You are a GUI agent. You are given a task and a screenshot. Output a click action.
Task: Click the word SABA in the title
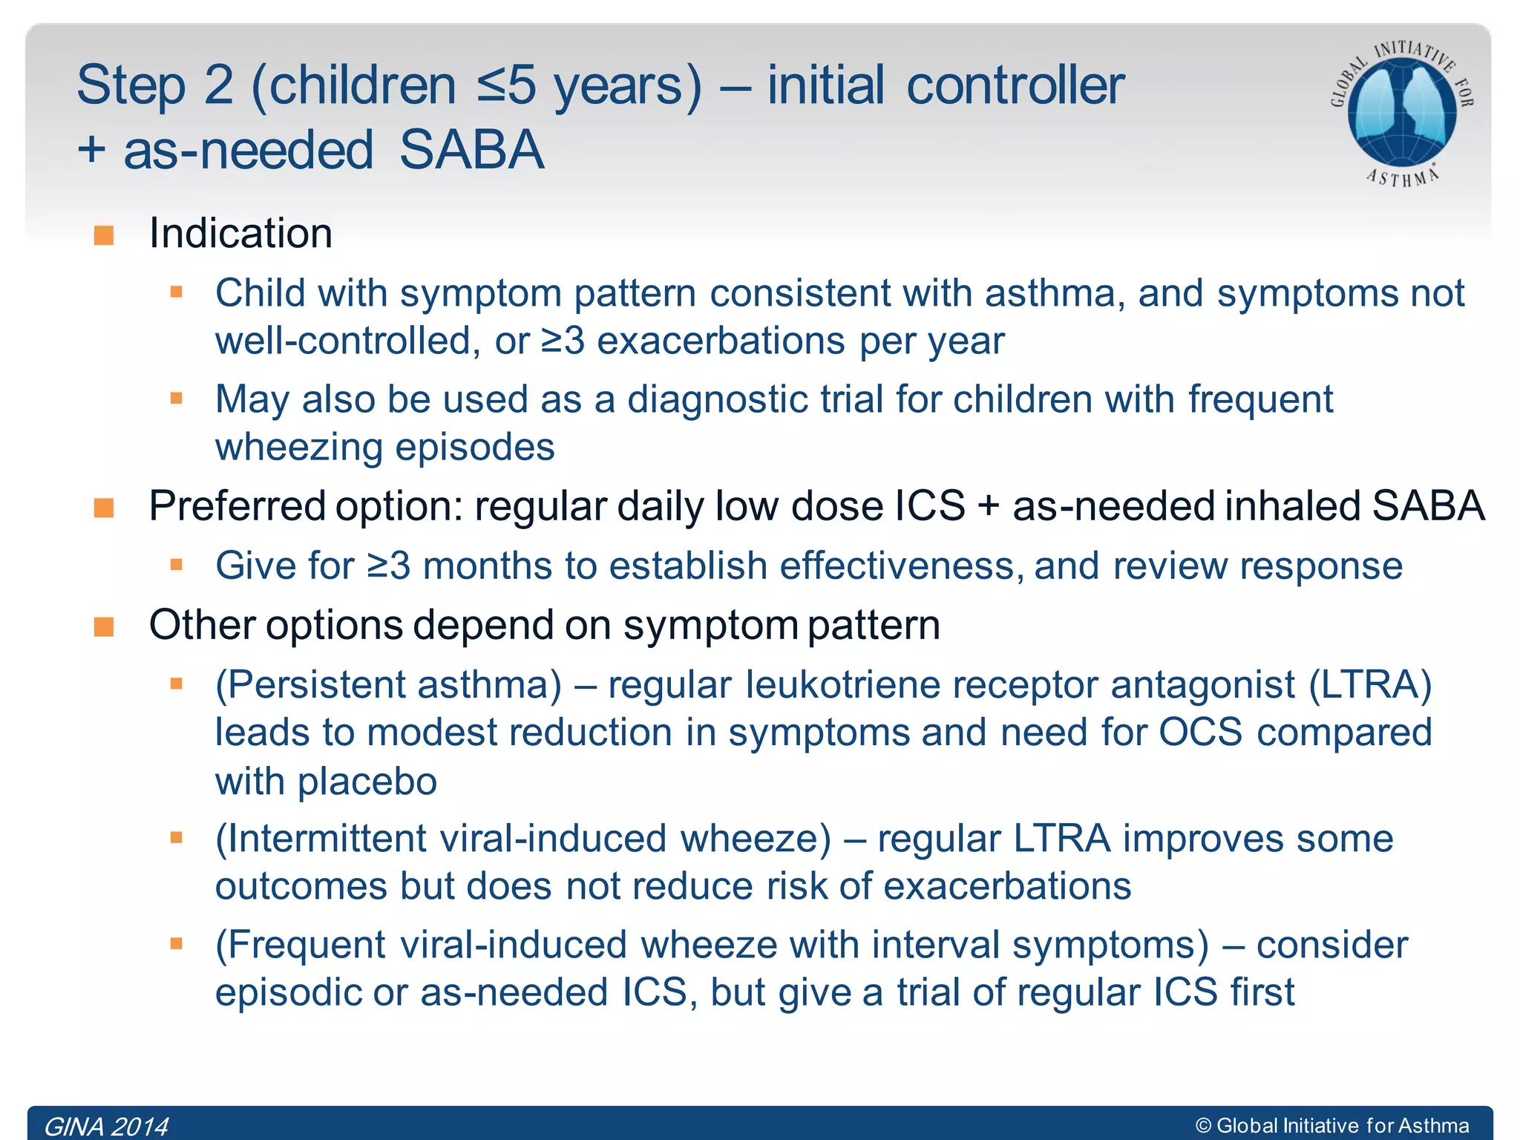coord(472,150)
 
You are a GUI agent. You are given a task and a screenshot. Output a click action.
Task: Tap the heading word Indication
coord(240,233)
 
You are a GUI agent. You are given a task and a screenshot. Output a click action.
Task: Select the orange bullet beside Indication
coord(104,235)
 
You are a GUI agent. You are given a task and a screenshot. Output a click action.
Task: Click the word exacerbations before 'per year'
coord(721,341)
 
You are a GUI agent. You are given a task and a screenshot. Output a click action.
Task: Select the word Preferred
coord(237,507)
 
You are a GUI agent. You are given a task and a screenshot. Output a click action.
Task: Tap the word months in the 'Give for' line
coord(487,566)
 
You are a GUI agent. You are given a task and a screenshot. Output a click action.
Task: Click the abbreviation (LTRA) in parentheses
coord(1369,684)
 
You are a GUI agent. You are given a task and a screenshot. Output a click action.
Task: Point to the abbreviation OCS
coord(1200,733)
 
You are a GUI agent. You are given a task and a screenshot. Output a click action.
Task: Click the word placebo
coord(367,782)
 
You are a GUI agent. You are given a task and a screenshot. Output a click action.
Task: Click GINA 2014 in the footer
coord(107,1126)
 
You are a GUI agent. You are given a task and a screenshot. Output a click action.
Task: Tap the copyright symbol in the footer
coord(1203,1126)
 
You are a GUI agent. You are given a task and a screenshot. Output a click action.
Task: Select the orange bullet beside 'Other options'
coord(104,627)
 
